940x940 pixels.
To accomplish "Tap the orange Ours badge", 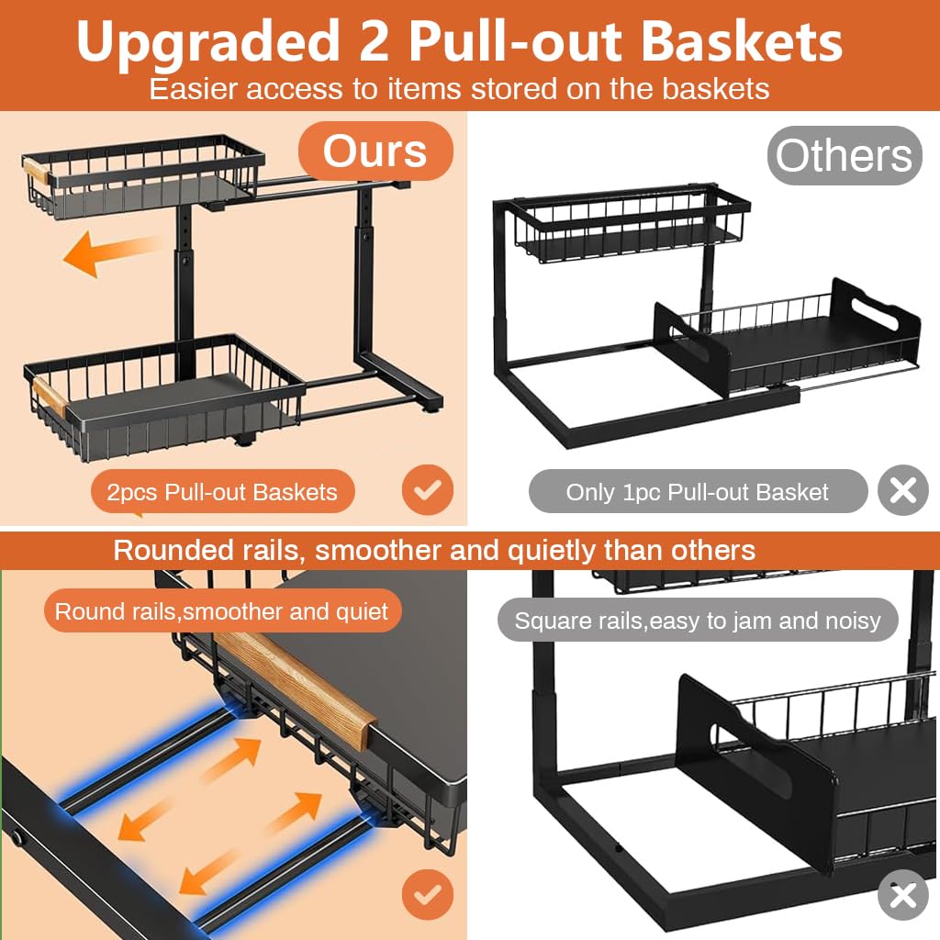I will point(375,151).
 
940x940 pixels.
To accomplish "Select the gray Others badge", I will point(844,155).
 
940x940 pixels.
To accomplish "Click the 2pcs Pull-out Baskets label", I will point(222,492).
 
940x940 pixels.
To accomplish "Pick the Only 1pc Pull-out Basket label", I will point(697,492).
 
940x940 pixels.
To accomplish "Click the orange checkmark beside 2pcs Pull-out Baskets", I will point(427,491).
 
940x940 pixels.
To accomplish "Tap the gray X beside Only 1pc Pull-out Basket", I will point(902,491).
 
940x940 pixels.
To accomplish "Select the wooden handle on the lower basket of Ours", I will point(46,396).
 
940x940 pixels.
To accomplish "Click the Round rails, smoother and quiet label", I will point(222,611).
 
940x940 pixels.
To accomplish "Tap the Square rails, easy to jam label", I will point(697,621).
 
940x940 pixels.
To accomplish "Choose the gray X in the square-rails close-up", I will point(902,894).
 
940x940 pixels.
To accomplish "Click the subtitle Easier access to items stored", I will point(459,89).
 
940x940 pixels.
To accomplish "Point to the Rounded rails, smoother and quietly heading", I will point(434,550).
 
